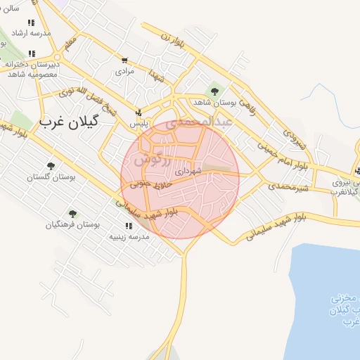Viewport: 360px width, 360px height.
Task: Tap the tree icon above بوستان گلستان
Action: tap(50, 166)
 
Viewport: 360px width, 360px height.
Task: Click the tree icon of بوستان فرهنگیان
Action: tap(72, 213)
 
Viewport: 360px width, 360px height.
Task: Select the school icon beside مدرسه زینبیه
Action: tap(129, 226)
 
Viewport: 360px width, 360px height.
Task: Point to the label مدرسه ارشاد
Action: tap(28, 33)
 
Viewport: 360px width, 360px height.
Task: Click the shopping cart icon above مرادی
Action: tap(124, 60)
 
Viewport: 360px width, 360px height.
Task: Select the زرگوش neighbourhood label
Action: tap(150, 160)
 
